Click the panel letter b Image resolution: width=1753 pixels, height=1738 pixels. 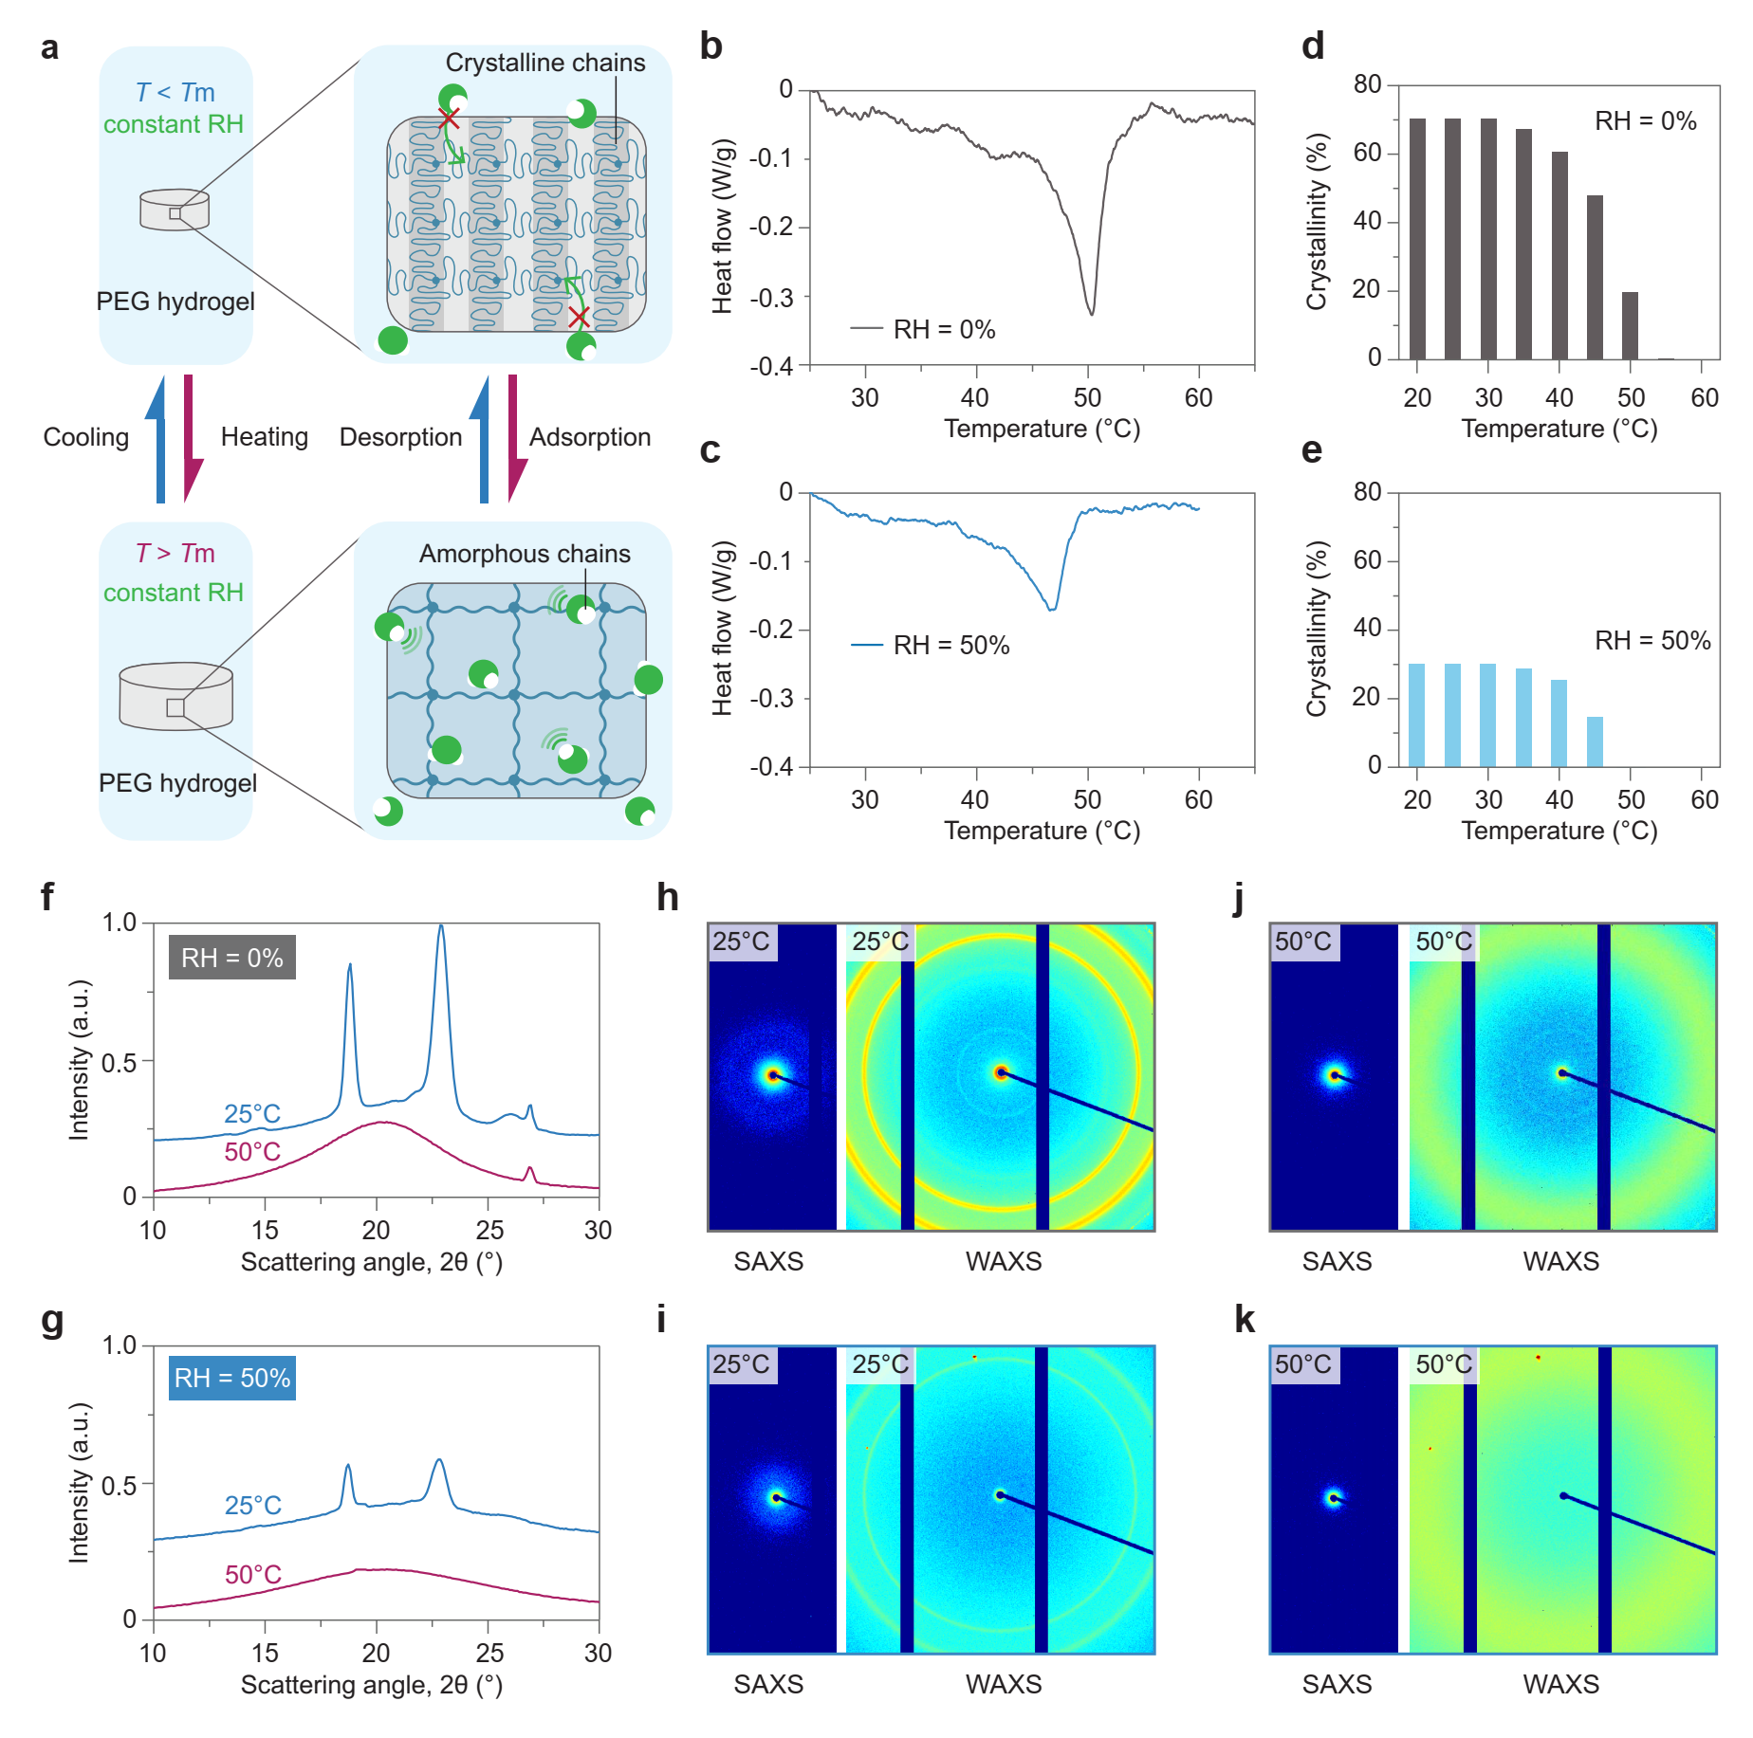tap(710, 46)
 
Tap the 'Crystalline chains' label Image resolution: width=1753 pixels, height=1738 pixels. tap(544, 63)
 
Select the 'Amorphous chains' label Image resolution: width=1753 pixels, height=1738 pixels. tap(525, 554)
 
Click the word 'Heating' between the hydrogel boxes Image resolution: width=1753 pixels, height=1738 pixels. tap(264, 437)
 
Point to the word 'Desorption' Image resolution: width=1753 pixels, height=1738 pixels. tap(400, 437)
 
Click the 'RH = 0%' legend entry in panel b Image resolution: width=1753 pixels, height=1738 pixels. tap(943, 330)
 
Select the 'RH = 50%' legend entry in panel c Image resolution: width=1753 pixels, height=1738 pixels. tap(950, 646)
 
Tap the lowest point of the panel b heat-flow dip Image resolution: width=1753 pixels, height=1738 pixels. tap(1092, 314)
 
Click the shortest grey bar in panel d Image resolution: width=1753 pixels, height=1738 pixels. tap(1630, 325)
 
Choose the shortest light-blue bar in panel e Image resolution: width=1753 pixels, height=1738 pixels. tap(1595, 741)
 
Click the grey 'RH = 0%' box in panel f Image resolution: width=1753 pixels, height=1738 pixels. tap(232, 958)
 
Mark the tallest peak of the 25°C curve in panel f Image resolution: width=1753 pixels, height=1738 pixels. tap(440, 928)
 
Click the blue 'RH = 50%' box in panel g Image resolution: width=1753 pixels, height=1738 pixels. tap(232, 1378)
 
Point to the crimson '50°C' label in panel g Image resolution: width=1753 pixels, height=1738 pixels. tap(252, 1575)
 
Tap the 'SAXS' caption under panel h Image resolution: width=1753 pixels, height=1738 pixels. tap(768, 1262)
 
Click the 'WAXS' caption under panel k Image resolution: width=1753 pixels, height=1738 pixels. tap(1560, 1684)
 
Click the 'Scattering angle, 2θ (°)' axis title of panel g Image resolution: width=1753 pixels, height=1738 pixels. tap(371, 1685)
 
